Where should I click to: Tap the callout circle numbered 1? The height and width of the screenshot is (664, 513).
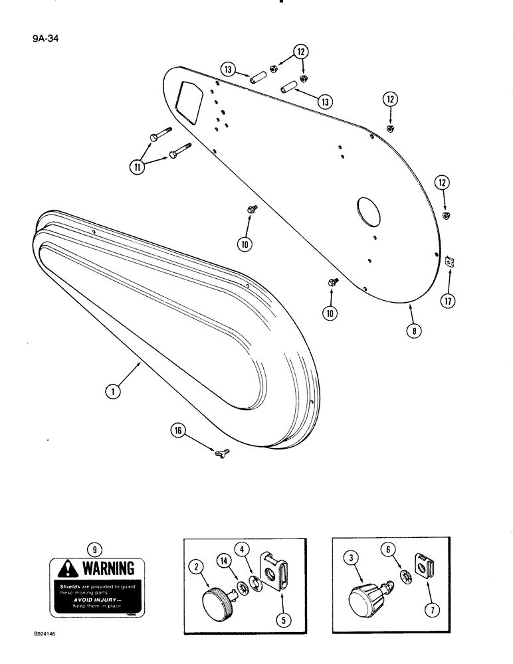(114, 392)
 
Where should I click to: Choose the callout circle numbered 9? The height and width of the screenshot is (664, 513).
(96, 549)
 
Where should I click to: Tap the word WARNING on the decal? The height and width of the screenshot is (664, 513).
(108, 569)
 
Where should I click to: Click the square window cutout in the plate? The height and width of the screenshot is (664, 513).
(189, 100)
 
